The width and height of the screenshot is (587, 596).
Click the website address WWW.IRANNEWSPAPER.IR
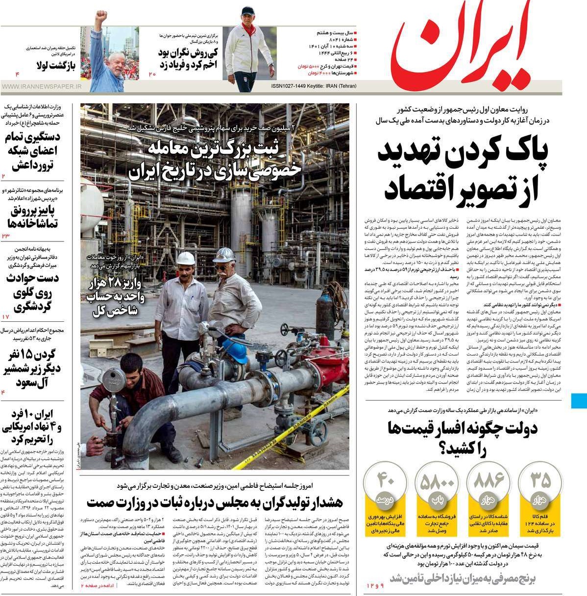42,87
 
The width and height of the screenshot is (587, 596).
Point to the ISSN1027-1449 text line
314,86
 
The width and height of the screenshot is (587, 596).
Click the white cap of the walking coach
248,11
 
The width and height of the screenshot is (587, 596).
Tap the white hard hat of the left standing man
186,258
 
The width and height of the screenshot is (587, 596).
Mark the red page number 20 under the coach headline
152,74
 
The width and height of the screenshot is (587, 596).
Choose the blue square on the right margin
579,400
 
